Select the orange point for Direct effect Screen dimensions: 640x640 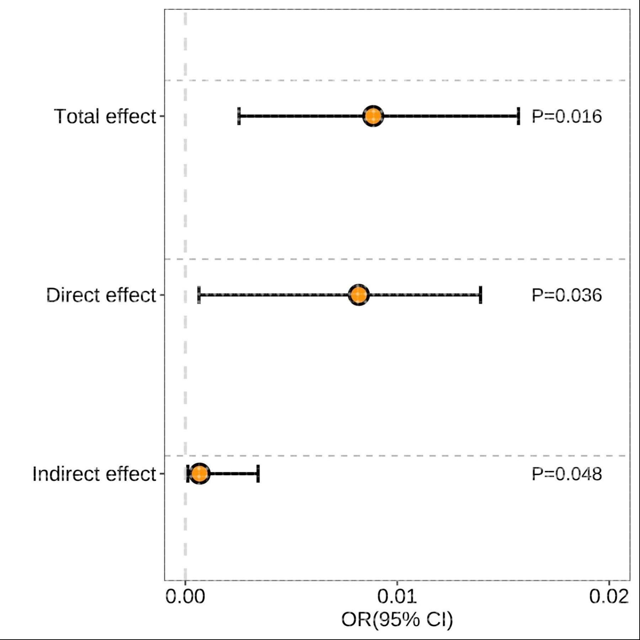click(x=359, y=295)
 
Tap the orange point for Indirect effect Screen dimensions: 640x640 click(x=199, y=473)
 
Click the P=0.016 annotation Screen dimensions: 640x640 click(x=566, y=117)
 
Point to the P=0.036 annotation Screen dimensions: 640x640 click(x=566, y=295)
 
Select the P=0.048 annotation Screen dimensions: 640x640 click(x=566, y=474)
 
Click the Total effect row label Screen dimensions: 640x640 click(x=105, y=117)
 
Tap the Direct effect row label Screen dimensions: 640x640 click(x=101, y=295)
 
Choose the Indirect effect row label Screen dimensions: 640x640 click(x=94, y=474)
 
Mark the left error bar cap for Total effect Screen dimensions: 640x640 click(x=239, y=116)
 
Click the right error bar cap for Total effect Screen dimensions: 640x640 click(x=518, y=116)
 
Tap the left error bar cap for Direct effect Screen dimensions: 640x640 click(x=199, y=295)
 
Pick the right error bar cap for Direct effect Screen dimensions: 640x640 click(x=480, y=295)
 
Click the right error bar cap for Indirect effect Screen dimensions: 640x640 click(x=258, y=473)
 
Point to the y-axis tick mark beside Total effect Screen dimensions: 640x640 click(x=162, y=116)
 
